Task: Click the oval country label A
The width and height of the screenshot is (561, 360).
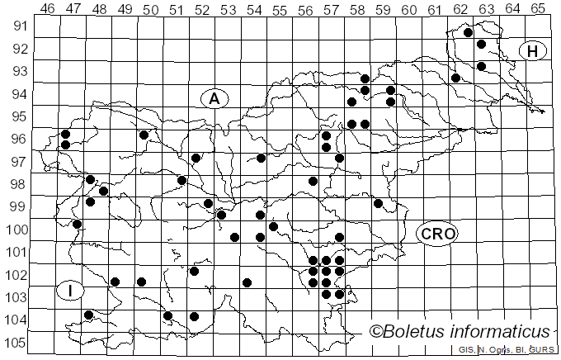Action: (214, 99)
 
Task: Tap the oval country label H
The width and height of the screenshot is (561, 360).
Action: (533, 51)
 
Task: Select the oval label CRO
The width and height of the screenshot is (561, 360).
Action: (436, 234)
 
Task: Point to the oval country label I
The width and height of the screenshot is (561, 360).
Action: (71, 290)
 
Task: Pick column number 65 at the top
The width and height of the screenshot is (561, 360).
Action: (538, 9)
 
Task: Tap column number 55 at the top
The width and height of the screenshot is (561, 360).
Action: (280, 9)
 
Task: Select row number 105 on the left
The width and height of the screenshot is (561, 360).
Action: (16, 343)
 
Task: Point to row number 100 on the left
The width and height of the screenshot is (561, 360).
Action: (16, 230)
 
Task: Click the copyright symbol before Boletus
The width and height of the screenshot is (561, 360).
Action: (376, 332)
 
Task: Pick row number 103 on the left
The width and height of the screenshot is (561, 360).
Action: (16, 297)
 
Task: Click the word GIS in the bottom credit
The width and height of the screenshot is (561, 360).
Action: (463, 351)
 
